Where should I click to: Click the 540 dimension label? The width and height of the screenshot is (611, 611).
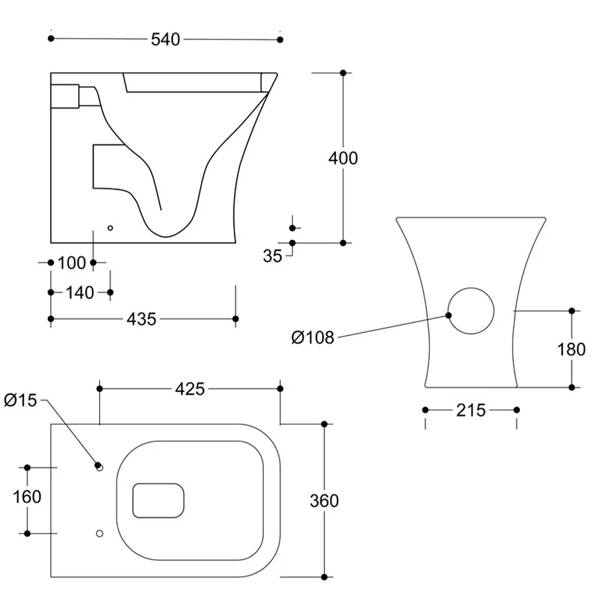(166, 40)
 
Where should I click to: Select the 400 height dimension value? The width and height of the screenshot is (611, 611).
(343, 159)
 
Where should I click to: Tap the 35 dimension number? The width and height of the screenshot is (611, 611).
(273, 256)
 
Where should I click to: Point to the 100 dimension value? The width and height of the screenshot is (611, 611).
(71, 263)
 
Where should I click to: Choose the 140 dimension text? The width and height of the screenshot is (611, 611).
(80, 293)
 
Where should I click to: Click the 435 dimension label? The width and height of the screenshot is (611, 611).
(142, 319)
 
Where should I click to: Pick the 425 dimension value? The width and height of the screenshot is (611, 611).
(190, 389)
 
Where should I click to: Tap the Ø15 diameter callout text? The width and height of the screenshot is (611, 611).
(20, 400)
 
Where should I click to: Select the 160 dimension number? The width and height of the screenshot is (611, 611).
(27, 497)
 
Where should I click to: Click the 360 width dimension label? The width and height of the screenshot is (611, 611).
(324, 501)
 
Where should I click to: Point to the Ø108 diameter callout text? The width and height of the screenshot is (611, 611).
(312, 337)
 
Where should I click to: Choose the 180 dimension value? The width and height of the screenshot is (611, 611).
(571, 349)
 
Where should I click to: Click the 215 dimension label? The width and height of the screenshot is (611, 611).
(470, 411)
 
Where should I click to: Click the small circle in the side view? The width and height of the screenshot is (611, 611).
(110, 228)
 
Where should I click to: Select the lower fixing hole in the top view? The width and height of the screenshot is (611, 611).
(100, 533)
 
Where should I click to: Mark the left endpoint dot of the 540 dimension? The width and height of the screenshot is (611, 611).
(51, 38)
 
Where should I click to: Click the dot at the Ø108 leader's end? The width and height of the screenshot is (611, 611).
(449, 315)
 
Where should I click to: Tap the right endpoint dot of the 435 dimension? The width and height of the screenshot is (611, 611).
(235, 319)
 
